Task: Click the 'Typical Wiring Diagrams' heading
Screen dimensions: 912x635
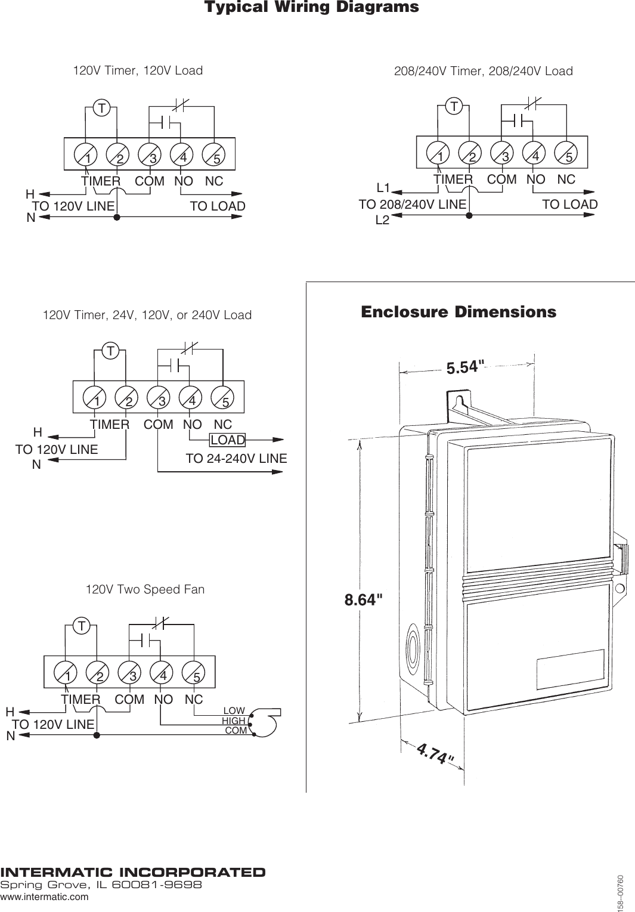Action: (311, 8)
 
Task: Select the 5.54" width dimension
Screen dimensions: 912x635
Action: (463, 367)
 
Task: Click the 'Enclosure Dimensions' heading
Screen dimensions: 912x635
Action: (458, 312)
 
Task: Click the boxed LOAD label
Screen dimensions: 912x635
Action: (228, 440)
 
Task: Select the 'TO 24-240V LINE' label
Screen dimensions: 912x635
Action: (236, 459)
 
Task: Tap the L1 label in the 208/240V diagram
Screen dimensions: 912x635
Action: (383, 188)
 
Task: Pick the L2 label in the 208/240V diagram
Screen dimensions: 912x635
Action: (382, 220)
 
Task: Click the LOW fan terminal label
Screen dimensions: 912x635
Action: (234, 710)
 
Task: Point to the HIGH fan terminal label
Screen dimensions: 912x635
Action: (233, 721)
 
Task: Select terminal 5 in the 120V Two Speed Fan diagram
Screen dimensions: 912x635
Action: (196, 676)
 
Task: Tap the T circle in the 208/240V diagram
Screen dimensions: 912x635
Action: (454, 107)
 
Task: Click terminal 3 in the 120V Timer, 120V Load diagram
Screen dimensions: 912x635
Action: (153, 159)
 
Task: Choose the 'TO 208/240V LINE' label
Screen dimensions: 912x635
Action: (412, 205)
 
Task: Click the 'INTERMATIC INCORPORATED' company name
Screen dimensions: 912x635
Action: (133, 873)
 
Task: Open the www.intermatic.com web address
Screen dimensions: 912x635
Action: (44, 896)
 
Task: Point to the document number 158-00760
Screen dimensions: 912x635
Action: (621, 892)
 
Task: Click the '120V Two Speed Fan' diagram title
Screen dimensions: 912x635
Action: (145, 590)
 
